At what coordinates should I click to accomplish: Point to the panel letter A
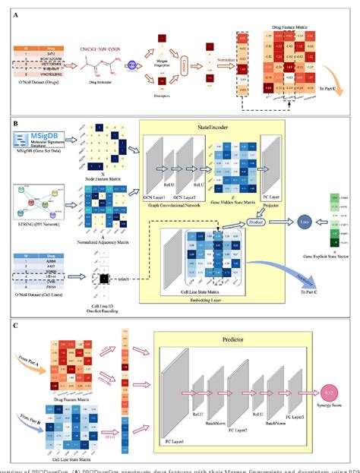(x=13, y=11)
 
